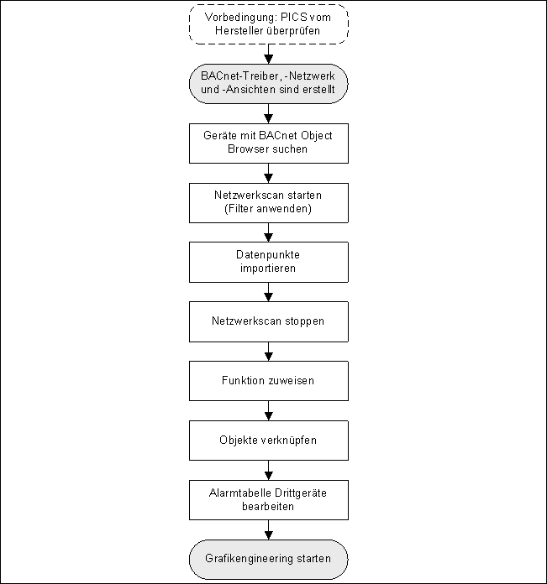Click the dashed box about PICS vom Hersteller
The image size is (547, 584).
(x=268, y=24)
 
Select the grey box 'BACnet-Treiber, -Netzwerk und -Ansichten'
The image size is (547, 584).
(x=268, y=84)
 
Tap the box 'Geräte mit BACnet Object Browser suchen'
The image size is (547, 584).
(x=268, y=143)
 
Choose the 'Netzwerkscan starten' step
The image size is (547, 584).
(x=268, y=202)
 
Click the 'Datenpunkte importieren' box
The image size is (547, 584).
(x=268, y=262)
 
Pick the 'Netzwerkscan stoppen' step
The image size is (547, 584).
(x=268, y=321)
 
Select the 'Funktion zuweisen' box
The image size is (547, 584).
(x=268, y=381)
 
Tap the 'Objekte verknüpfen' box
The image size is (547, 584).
(x=268, y=440)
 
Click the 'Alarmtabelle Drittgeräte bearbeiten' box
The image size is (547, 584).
(x=268, y=499)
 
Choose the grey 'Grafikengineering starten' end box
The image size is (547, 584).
(x=268, y=559)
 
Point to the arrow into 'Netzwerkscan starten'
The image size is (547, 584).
(x=268, y=172)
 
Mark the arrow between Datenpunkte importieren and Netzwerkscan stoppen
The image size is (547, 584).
(x=268, y=291)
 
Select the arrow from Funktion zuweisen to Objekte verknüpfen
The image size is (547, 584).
(x=268, y=410)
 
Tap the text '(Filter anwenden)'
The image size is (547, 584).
(x=268, y=209)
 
